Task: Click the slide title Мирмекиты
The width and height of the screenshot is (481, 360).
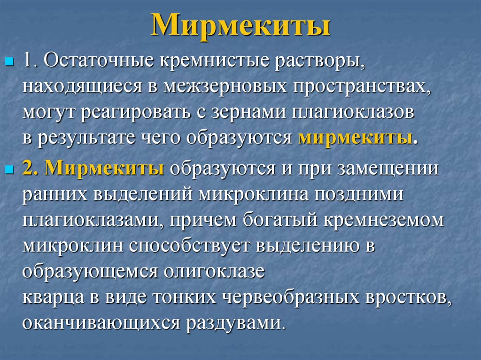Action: [x=240, y=26]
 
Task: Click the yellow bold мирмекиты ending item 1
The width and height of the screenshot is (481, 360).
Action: [x=356, y=138]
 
